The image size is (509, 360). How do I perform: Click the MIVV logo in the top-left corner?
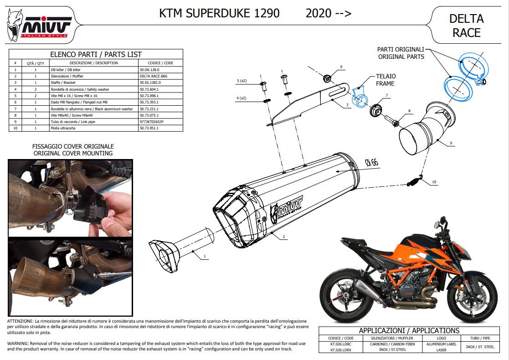click(39, 26)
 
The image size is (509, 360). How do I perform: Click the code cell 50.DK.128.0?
click(149, 70)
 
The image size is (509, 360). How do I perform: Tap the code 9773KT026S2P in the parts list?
click(152, 122)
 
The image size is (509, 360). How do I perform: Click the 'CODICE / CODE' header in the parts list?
click(160, 63)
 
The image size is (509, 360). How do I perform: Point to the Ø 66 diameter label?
click(372, 162)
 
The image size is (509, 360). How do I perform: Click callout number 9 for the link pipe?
click(451, 143)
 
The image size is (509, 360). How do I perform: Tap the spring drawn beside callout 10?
click(415, 181)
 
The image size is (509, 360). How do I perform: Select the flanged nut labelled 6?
click(327, 78)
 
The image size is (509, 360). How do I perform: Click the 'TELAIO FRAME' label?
click(386, 80)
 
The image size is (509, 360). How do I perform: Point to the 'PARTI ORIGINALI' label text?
click(401, 49)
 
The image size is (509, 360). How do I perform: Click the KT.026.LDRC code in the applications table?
click(341, 344)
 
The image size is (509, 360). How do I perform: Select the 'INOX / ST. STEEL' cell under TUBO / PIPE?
click(480, 347)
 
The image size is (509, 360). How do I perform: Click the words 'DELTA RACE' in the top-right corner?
click(467, 26)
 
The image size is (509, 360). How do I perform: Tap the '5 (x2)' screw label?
click(242, 81)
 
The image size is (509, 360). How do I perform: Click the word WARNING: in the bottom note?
click(18, 344)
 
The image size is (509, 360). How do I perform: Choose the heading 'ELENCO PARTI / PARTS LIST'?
click(96, 54)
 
